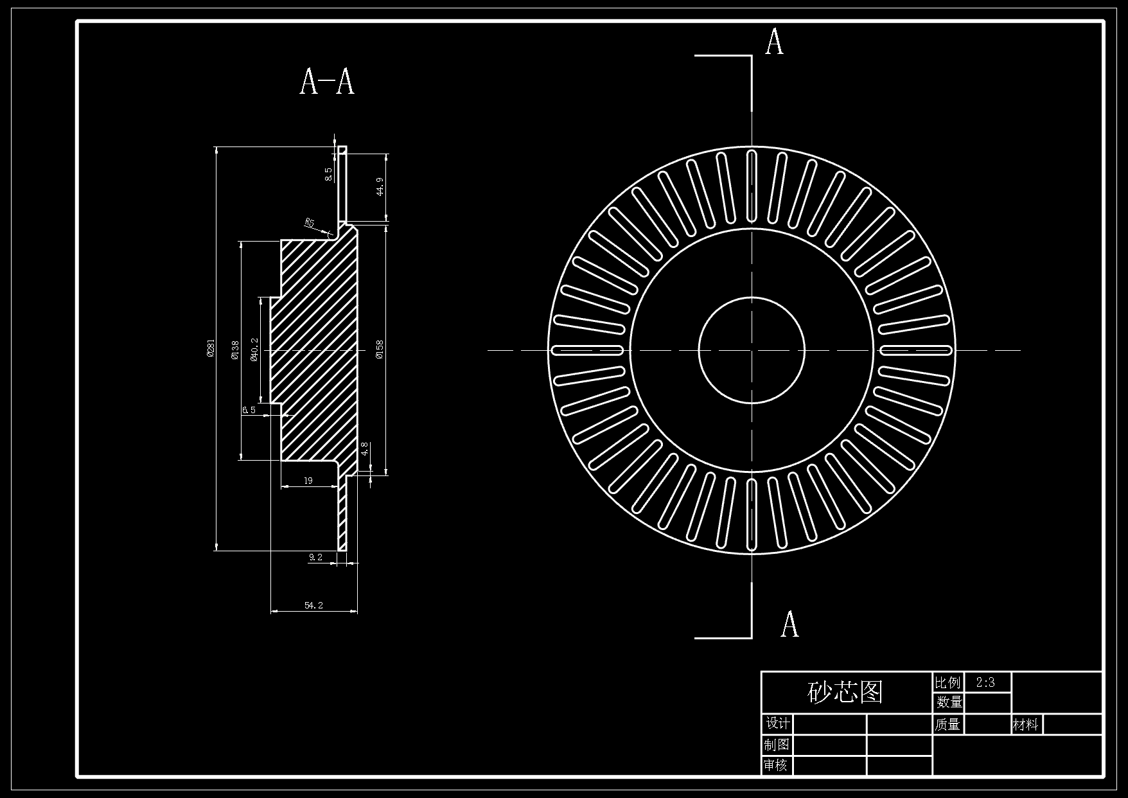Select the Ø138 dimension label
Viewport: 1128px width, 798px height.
pos(234,350)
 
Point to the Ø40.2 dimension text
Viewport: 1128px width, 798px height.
pos(255,350)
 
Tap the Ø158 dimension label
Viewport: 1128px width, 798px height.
pos(380,350)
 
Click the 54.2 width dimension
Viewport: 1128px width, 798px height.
pos(313,605)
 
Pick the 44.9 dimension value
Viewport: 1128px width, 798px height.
pos(380,187)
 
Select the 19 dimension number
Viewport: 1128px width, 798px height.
pos(308,480)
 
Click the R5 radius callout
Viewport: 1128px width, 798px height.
pos(310,223)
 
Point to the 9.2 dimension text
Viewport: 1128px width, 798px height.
pos(315,557)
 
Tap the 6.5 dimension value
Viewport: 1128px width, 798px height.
pos(249,409)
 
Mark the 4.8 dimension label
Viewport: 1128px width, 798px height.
pos(364,448)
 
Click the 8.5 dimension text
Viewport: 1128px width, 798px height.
pos(328,174)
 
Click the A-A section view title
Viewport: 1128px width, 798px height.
pos(327,82)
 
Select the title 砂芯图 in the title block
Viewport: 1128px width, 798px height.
pos(845,691)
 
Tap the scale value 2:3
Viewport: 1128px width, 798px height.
pos(985,682)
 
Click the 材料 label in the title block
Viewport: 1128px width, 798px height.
pos(1025,725)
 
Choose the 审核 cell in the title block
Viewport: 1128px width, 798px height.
pos(776,765)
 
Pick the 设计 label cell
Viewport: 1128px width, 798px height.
pos(778,723)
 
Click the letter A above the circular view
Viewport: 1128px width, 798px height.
pos(775,42)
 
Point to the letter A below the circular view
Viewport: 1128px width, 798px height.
pos(789,624)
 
